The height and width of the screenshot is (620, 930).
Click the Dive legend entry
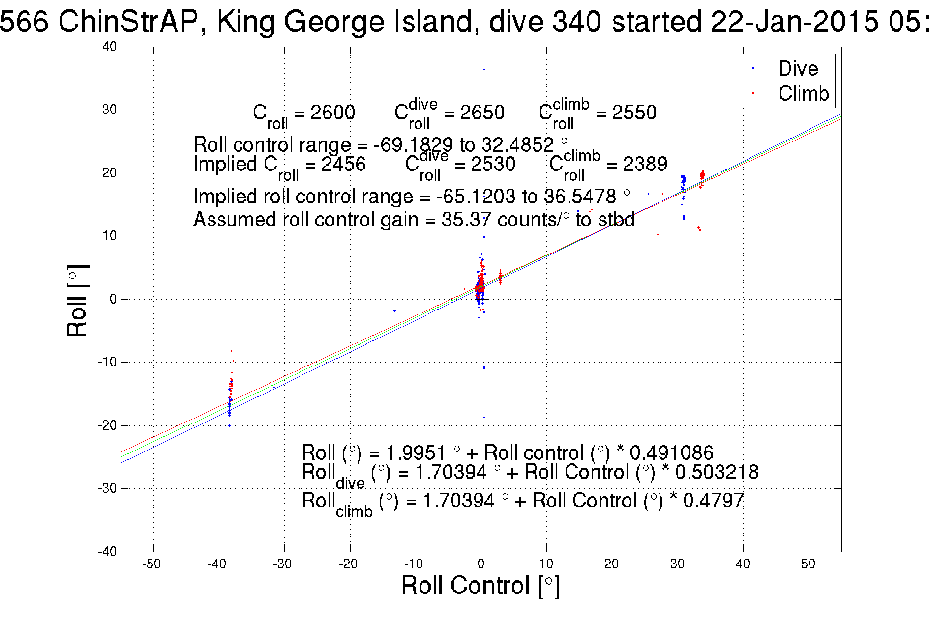(798, 68)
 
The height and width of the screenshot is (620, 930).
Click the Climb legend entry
(803, 93)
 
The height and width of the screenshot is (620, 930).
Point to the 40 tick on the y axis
(109, 47)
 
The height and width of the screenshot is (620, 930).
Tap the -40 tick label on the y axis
(107, 551)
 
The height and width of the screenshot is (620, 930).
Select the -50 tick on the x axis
(151, 564)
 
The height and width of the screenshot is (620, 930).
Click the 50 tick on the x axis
(808, 564)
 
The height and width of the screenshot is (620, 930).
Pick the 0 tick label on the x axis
(481, 564)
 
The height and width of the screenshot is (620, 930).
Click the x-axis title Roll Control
(480, 585)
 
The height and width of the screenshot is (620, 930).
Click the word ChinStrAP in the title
(128, 22)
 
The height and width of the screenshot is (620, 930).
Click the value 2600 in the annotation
(332, 113)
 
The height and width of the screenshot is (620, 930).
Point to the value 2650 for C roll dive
(482, 113)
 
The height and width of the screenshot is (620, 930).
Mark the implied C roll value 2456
(343, 164)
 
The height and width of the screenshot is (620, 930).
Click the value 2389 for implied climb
(645, 164)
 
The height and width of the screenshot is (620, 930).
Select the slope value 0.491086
(671, 452)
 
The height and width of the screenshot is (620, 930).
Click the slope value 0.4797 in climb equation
(713, 501)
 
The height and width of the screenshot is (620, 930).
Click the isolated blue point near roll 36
(484, 70)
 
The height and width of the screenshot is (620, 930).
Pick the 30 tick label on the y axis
(109, 110)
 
